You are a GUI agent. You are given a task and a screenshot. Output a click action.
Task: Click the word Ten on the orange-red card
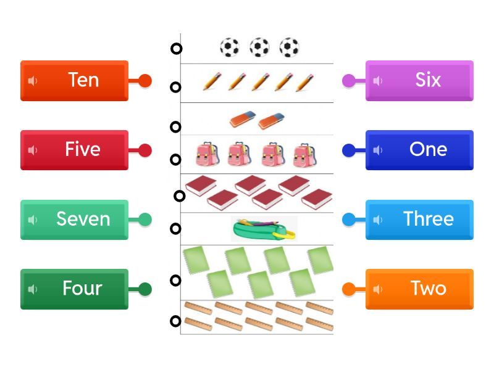point(83,80)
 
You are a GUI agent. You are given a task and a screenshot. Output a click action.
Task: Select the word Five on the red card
point(83,149)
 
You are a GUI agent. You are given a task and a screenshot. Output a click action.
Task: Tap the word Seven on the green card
point(83,219)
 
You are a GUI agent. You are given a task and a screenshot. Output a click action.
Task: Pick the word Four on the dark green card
point(82,288)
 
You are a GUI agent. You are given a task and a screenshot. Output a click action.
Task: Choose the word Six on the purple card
point(428,80)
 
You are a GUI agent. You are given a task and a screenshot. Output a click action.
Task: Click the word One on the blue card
point(428,149)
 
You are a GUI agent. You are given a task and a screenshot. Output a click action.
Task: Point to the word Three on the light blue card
point(429,219)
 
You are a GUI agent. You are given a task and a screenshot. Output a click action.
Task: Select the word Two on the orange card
point(429,288)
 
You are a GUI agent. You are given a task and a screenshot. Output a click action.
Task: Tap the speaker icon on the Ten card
point(33,81)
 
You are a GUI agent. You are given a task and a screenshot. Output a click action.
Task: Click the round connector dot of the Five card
point(145,150)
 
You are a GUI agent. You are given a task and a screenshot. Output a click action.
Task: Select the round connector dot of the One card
point(349,150)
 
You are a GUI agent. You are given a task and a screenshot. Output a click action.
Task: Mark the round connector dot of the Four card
point(145,289)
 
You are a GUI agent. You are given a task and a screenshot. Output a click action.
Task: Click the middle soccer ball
point(259,47)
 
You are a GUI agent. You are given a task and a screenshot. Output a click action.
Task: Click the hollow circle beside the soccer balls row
point(176,49)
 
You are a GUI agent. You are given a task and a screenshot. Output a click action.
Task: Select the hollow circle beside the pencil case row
point(176,229)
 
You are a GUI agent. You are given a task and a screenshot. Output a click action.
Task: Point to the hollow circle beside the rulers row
point(176,321)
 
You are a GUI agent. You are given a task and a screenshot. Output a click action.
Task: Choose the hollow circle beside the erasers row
point(176,127)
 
